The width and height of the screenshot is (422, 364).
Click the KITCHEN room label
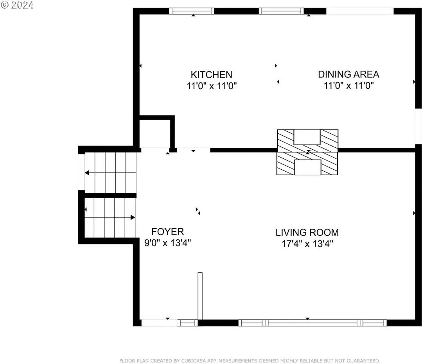[211, 74]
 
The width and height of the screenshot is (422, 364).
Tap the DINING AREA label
[348, 74]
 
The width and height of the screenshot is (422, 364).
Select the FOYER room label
[167, 231]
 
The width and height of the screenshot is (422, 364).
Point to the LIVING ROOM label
[307, 232]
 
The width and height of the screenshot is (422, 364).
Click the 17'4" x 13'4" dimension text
[307, 244]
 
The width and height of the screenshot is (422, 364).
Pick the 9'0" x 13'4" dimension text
[167, 243]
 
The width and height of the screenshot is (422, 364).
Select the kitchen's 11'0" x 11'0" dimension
[212, 86]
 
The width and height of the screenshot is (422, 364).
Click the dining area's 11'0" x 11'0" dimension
[349, 86]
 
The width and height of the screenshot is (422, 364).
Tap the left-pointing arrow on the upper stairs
[87, 172]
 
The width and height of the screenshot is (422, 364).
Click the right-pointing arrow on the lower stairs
[133, 217]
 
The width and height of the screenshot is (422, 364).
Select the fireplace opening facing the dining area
[307, 137]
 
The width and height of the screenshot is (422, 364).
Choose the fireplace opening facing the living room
[307, 167]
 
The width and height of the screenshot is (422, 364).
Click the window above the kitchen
[192, 11]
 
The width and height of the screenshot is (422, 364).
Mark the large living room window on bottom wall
[312, 323]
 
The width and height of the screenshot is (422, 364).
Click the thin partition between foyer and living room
[200, 296]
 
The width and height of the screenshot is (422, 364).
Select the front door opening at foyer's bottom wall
[160, 323]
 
